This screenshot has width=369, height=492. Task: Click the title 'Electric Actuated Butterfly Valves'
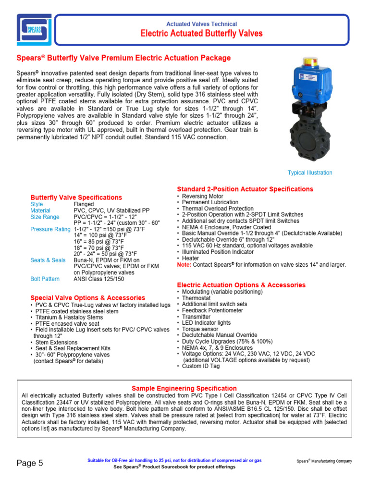[x=201, y=34]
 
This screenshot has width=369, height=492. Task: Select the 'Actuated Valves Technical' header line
[x=201, y=24]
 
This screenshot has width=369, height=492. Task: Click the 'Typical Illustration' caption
[x=309, y=173]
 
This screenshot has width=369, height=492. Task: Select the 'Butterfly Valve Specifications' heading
[x=76, y=197]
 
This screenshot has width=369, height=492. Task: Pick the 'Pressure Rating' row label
[x=50, y=229]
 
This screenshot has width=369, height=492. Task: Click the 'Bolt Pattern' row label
[x=45, y=279]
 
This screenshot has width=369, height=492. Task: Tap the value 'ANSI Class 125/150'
[x=98, y=279]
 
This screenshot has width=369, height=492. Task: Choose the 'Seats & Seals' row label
[x=48, y=260]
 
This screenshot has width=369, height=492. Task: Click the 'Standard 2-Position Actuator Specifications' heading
[x=245, y=189]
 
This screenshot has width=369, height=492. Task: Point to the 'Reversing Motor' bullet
[x=202, y=197]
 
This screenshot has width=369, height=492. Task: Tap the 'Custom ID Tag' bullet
[x=200, y=366]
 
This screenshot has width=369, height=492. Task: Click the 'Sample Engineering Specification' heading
[x=184, y=388]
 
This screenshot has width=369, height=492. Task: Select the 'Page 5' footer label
[x=30, y=463]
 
